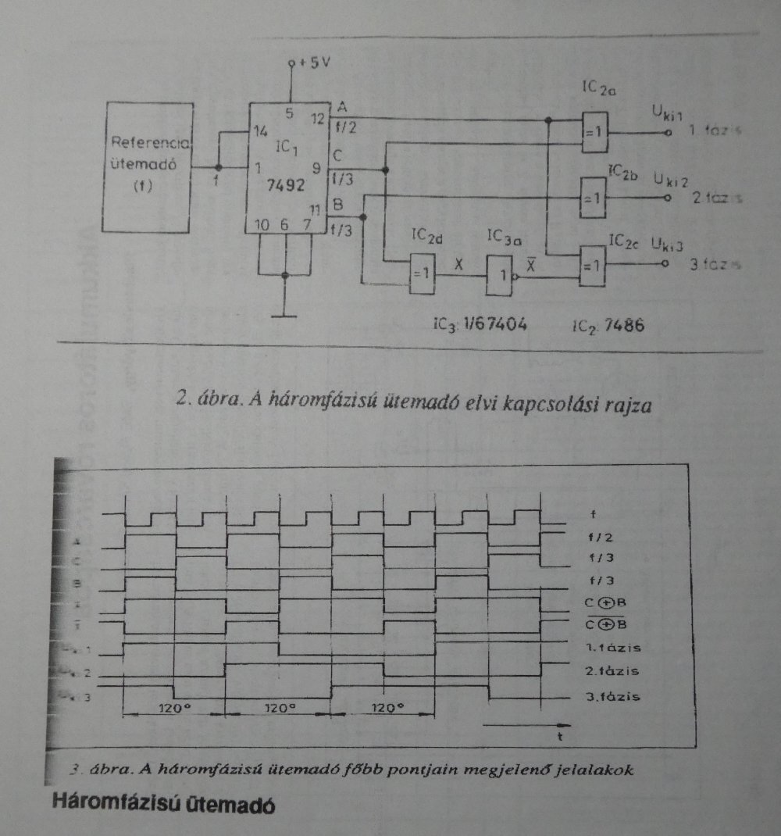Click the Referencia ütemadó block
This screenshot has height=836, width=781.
(148, 166)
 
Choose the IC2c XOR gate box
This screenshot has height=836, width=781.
(593, 263)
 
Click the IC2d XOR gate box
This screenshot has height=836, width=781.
(421, 273)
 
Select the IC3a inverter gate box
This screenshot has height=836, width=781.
(501, 274)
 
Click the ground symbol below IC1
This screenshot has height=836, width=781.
(286, 316)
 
